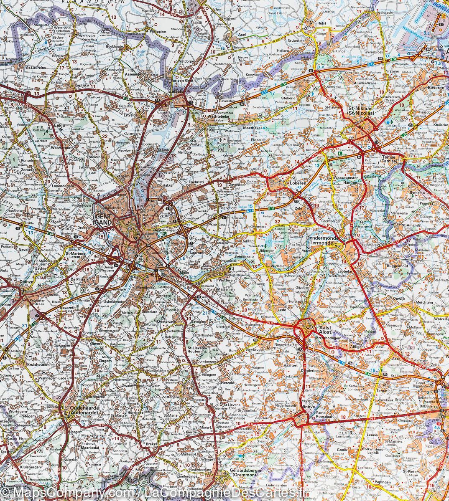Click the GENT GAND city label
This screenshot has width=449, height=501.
pyautogui.click(x=104, y=220)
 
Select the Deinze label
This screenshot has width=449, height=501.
pyautogui.click(x=26, y=282)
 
